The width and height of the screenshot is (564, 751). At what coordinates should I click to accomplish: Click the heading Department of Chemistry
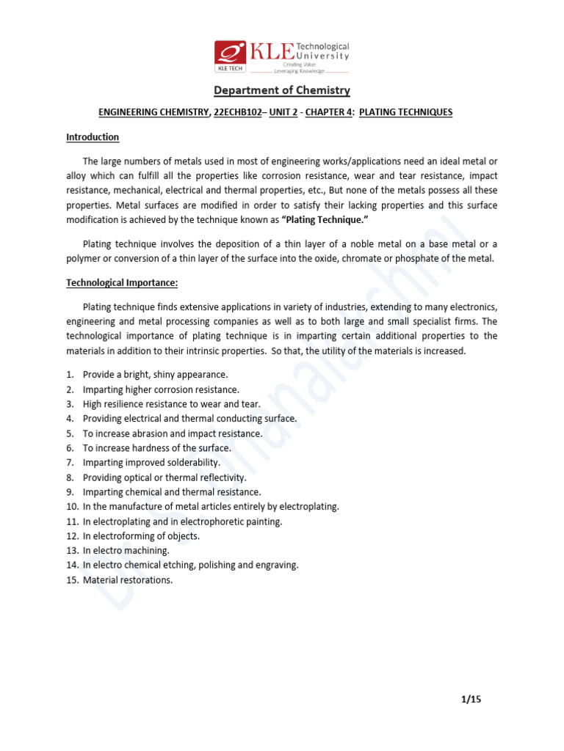[282, 91]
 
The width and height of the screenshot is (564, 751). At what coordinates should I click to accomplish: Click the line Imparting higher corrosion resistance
[161, 389]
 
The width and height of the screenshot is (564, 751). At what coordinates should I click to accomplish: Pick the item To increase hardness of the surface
[156, 448]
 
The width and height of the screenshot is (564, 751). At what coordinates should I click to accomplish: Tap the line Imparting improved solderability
[151, 463]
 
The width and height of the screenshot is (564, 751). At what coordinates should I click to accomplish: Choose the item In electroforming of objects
[141, 536]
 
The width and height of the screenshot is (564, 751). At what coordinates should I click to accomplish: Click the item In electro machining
[126, 551]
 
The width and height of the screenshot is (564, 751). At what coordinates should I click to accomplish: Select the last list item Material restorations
[128, 580]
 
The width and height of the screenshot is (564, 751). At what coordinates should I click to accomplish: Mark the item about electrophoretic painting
[182, 521]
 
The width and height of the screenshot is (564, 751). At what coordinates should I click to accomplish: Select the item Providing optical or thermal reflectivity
[164, 477]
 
